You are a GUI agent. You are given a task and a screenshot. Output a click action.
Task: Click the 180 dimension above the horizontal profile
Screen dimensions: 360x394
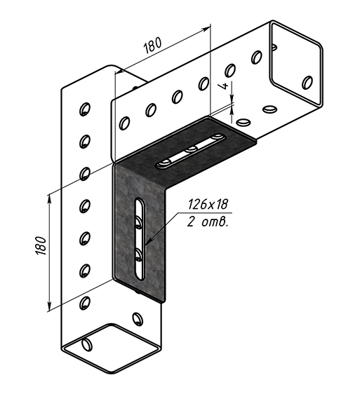click(152, 46)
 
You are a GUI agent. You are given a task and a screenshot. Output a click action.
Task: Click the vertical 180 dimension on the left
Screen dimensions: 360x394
click(41, 246)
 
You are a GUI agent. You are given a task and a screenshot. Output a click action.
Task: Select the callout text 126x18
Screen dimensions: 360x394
click(208, 204)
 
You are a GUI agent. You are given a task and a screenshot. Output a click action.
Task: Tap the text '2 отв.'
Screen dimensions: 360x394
click(208, 222)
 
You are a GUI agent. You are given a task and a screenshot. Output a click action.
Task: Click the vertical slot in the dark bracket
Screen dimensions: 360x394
click(140, 238)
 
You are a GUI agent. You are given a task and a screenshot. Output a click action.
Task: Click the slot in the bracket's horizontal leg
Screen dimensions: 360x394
click(190, 151)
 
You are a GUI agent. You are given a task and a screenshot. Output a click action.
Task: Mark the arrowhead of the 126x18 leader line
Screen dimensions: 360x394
click(147, 243)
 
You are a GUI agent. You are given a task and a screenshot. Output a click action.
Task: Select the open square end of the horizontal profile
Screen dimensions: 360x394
click(296, 64)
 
